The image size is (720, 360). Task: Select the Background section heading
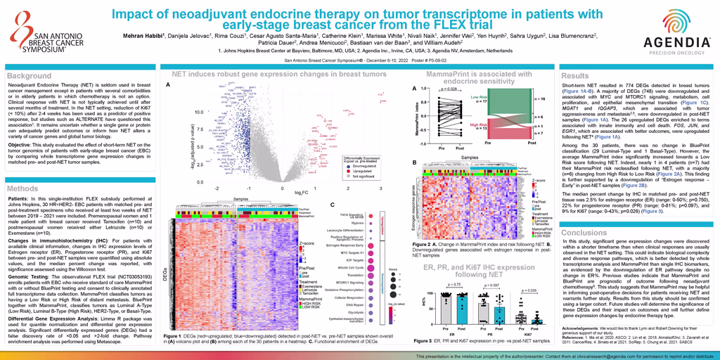(30, 75)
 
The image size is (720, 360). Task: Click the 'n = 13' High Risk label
(479, 128)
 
